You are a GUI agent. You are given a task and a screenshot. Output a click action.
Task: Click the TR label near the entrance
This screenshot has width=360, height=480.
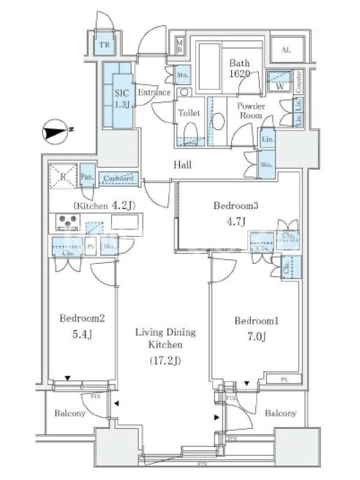click(x=104, y=45)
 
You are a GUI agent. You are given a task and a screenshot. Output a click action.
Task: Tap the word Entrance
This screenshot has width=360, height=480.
click(x=154, y=93)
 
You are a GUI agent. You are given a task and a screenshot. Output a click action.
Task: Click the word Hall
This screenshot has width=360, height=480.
click(x=182, y=164)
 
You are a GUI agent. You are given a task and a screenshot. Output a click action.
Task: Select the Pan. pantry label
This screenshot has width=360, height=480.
click(x=87, y=176)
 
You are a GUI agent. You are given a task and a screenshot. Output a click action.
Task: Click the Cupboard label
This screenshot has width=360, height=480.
click(x=118, y=178)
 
